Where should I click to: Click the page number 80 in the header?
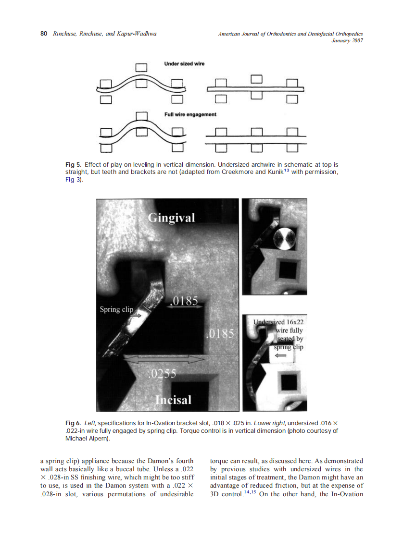pos(43,34)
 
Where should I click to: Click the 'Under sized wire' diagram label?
pos(184,64)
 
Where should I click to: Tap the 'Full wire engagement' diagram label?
pos(190,114)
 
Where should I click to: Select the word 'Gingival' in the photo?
pos(171,218)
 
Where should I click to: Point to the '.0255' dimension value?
pos(160,374)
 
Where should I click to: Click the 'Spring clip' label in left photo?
pos(116,309)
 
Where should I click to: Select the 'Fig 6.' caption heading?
pos(73,423)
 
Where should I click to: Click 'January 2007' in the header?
pos(347,40)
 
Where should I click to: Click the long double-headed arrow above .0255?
pos(164,359)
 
